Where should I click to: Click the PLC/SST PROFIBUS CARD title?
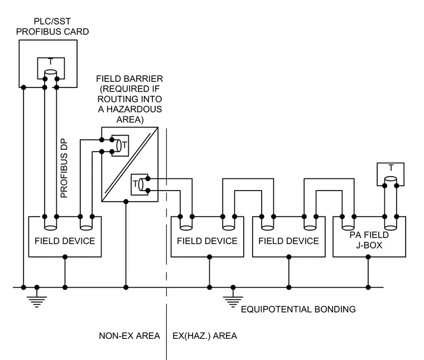[52, 26]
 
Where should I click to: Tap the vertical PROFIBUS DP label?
[64, 168]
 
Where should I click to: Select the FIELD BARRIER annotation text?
[129, 99]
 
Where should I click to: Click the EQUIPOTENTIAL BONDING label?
[298, 309]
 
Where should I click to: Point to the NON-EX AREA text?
[129, 335]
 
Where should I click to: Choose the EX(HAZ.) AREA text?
[205, 335]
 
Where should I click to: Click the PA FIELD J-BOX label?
[369, 240]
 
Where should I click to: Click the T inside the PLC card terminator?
[51, 62]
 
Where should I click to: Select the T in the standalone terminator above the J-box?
[391, 168]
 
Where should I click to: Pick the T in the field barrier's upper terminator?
[124, 145]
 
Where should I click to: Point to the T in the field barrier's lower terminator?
[135, 184]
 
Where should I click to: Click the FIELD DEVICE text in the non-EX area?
[65, 241]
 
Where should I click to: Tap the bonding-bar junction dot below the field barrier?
[126, 288]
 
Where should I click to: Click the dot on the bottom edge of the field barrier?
[126, 202]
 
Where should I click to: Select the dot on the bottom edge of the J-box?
[368, 257]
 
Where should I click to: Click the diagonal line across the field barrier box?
[130, 164]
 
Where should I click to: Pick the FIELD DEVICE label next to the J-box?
[288, 241]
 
